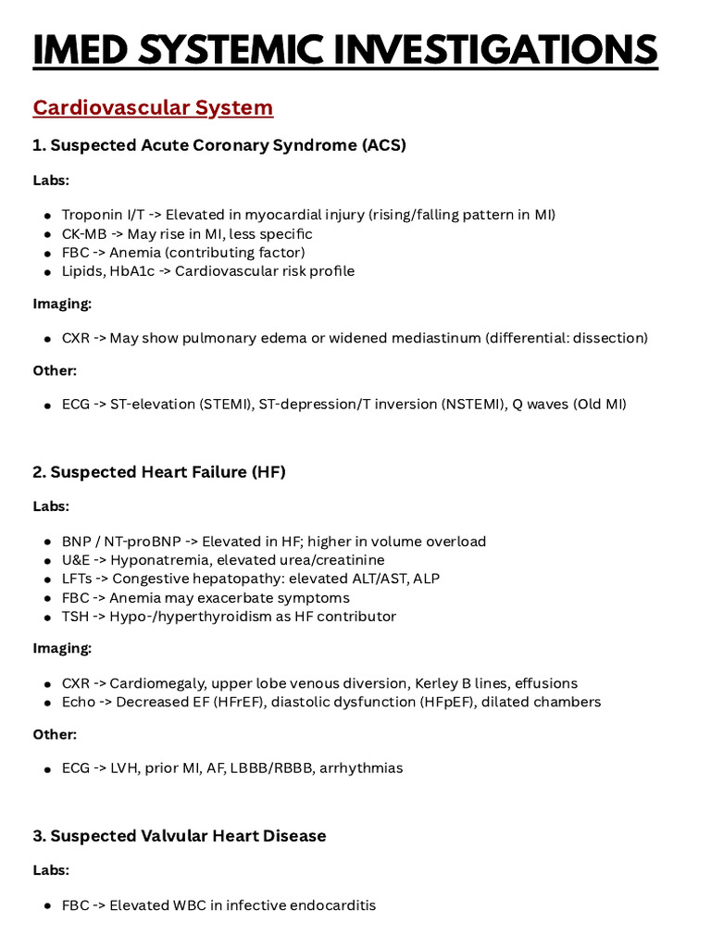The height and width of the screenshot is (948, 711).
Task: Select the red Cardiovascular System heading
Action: [153, 107]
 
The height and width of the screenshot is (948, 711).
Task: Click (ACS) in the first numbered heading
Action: [384, 145]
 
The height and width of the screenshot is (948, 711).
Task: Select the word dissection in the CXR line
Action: [610, 338]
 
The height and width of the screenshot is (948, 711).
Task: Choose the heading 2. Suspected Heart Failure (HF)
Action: [159, 472]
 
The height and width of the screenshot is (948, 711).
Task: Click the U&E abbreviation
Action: [76, 560]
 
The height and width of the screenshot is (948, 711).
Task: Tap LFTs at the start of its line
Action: [77, 579]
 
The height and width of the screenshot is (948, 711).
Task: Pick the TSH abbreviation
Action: [76, 617]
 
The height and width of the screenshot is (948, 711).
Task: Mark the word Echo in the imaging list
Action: [79, 702]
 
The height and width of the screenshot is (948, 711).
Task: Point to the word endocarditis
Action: [334, 905]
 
